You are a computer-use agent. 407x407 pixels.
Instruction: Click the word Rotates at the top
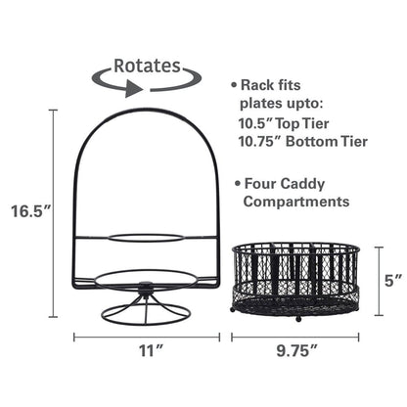click(x=147, y=67)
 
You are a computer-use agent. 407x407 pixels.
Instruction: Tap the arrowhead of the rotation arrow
click(x=130, y=87)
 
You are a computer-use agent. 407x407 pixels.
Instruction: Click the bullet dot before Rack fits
click(x=232, y=84)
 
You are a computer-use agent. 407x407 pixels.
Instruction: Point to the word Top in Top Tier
click(x=297, y=121)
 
